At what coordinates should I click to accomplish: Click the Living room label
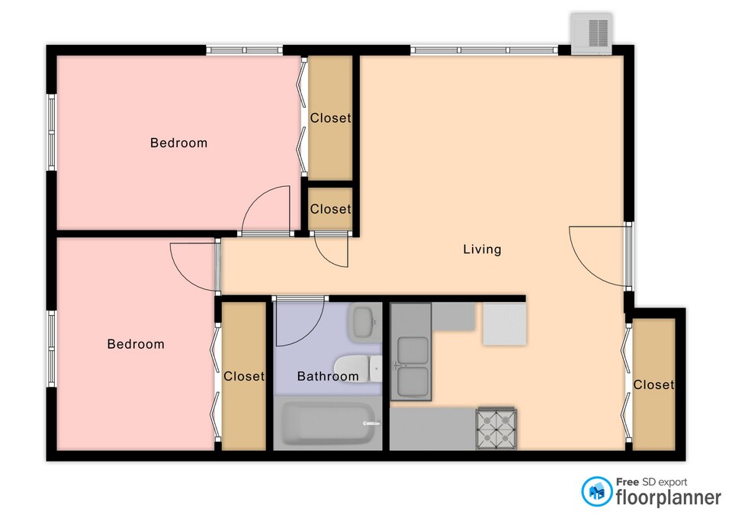pos(482,249)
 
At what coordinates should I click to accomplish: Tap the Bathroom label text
pos(328,376)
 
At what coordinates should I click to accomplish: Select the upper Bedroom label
pos(178,143)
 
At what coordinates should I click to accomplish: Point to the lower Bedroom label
pos(136,344)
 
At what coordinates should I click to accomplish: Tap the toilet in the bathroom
pos(358,368)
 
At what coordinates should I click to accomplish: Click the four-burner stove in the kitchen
pos(496,428)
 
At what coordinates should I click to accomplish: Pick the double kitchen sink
pos(411,352)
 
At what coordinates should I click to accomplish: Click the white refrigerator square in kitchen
pos(505,323)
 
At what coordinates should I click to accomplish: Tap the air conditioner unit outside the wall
pos(592,34)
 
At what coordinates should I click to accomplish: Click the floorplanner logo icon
pos(596,491)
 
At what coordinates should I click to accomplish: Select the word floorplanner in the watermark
pos(669,497)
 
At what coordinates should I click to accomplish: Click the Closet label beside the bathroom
pos(244,376)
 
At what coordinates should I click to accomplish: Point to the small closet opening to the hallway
pos(330,209)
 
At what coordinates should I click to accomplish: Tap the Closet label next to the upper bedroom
pos(330,118)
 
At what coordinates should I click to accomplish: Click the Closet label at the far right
pos(653,384)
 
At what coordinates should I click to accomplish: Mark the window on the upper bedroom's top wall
pos(245,50)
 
